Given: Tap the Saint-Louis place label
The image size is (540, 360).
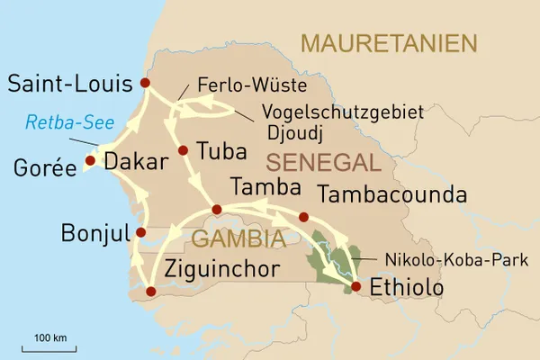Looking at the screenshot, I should [x=68, y=85].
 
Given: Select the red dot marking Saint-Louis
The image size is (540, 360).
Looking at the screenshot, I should [x=145, y=84].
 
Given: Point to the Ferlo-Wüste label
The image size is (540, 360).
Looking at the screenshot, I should [x=249, y=87].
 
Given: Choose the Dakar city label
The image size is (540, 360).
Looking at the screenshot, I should [x=136, y=162].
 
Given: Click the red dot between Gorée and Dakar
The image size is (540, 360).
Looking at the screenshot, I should [x=90, y=162].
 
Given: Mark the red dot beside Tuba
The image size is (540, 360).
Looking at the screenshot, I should [x=183, y=150].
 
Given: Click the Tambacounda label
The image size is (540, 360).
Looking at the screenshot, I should [x=392, y=195].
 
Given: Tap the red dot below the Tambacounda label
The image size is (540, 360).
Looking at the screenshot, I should [x=303, y=217].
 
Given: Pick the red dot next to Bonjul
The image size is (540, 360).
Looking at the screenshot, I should [x=140, y=232].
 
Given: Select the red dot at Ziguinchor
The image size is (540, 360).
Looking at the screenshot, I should [x=150, y=291].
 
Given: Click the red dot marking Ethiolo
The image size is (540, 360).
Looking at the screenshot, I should [x=355, y=287].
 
